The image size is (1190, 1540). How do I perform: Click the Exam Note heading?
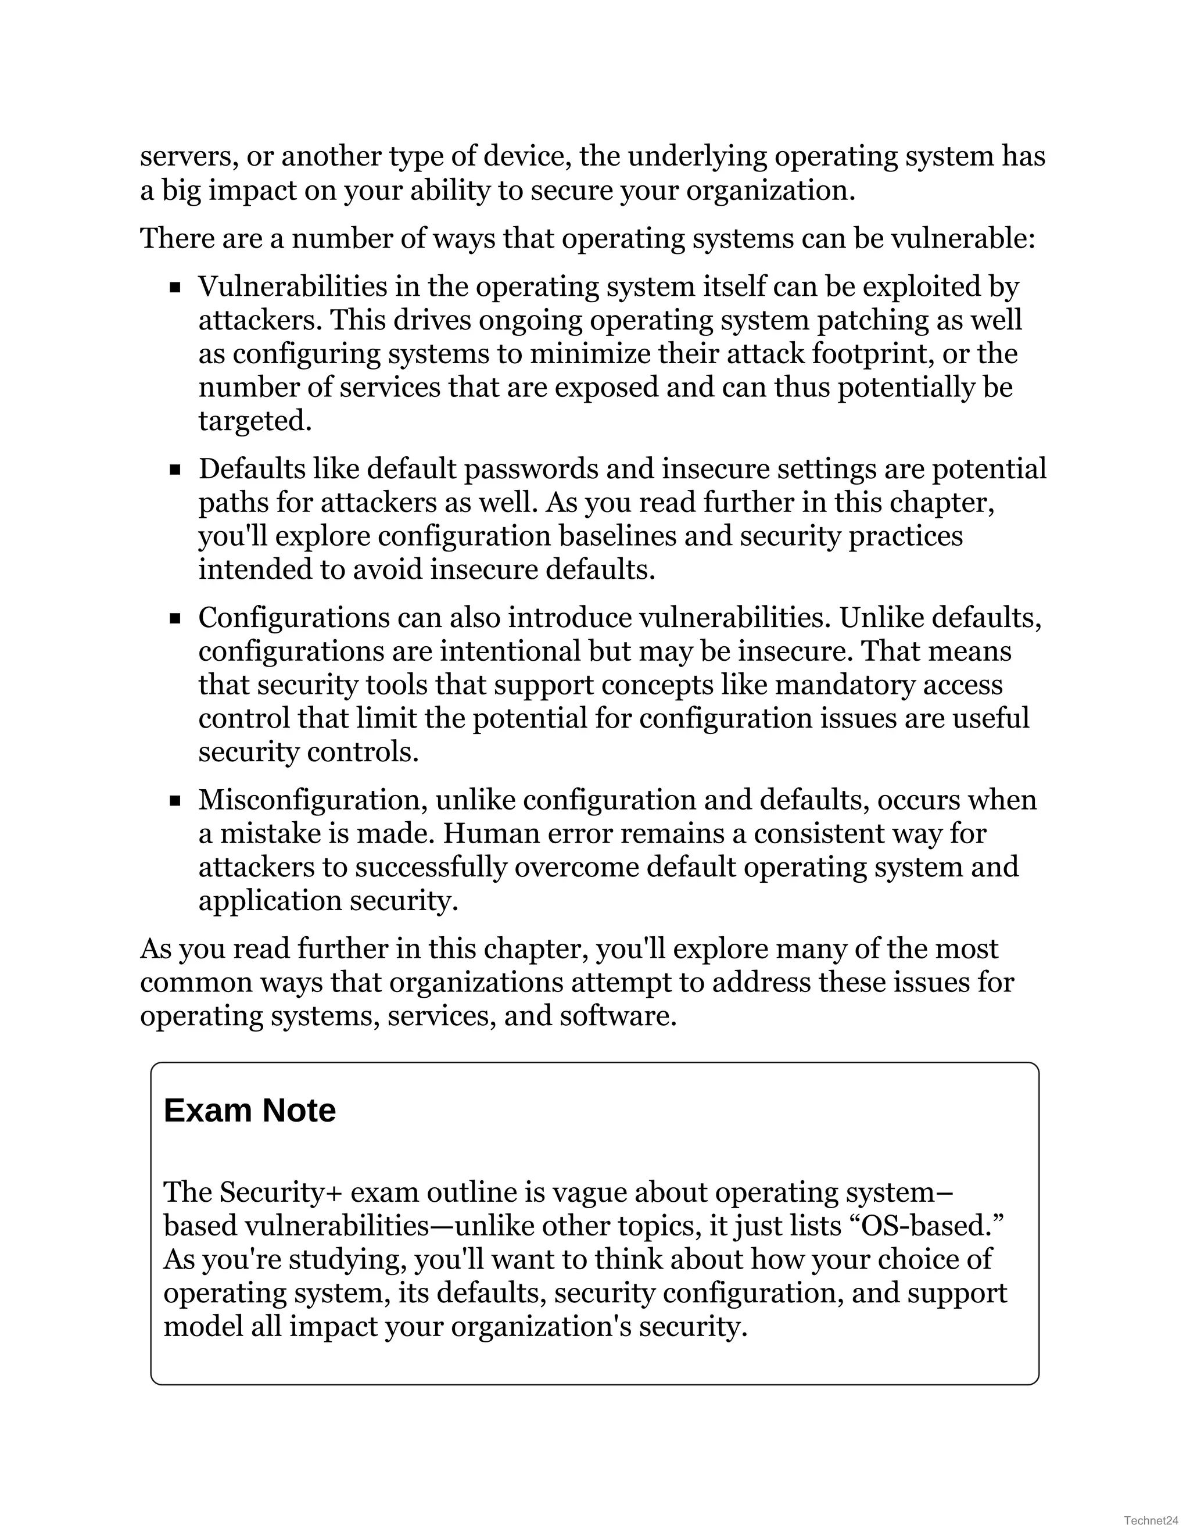click(249, 1111)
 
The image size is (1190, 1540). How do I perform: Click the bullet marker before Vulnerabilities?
click(175, 288)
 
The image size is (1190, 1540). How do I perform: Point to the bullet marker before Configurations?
click(175, 619)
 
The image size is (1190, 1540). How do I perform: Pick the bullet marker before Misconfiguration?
click(175, 801)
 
